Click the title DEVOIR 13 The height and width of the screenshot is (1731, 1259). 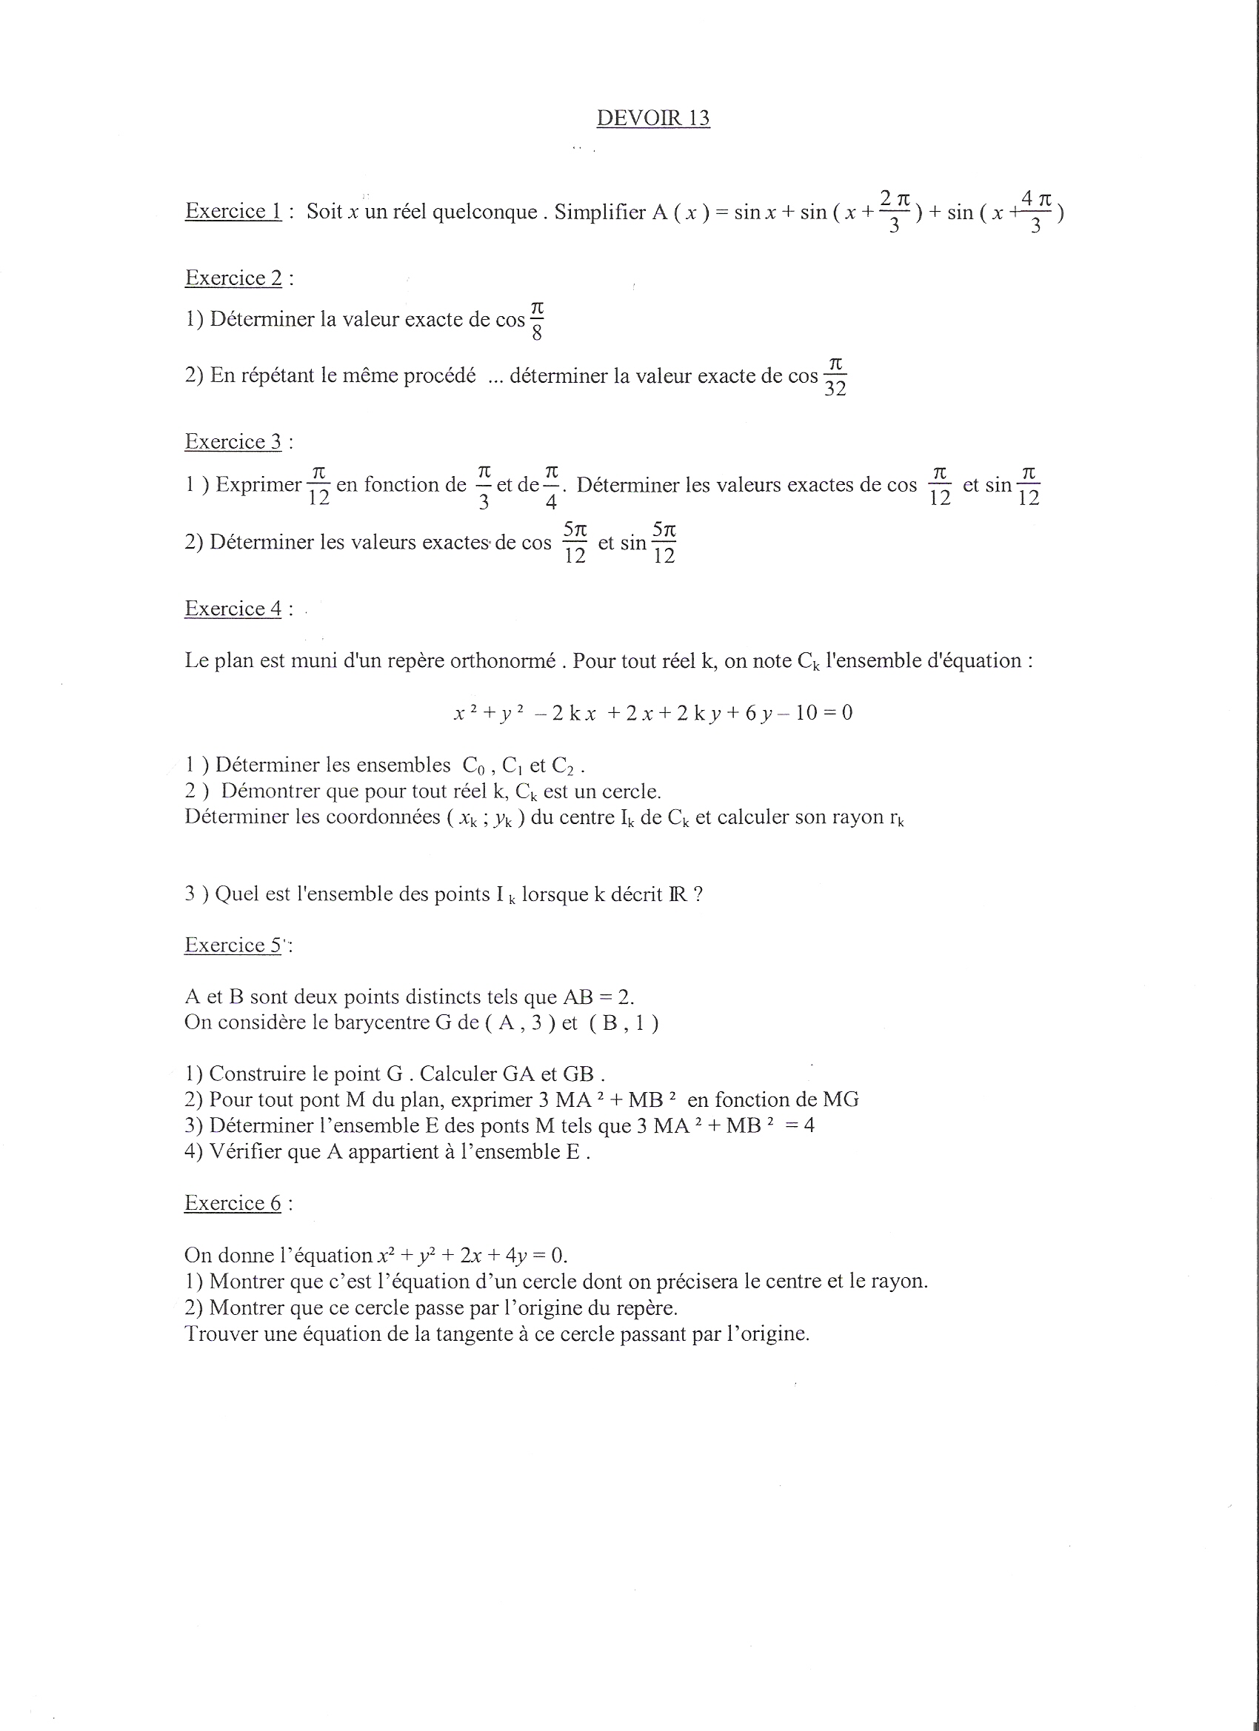tap(652, 118)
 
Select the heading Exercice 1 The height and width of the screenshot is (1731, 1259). tap(233, 212)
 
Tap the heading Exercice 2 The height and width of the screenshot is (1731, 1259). tap(233, 278)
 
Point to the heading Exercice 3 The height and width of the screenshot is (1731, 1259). tap(233, 442)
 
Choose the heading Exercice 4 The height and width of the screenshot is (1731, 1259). tap(233, 609)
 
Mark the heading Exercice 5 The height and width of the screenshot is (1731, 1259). tap(233, 945)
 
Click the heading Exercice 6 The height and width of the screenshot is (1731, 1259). tap(233, 1203)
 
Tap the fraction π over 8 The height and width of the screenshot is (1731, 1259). tap(537, 321)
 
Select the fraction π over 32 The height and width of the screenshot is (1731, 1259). tap(835, 377)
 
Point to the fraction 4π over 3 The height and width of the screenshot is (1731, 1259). tap(1036, 212)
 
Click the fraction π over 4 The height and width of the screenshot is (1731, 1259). tap(551, 486)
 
